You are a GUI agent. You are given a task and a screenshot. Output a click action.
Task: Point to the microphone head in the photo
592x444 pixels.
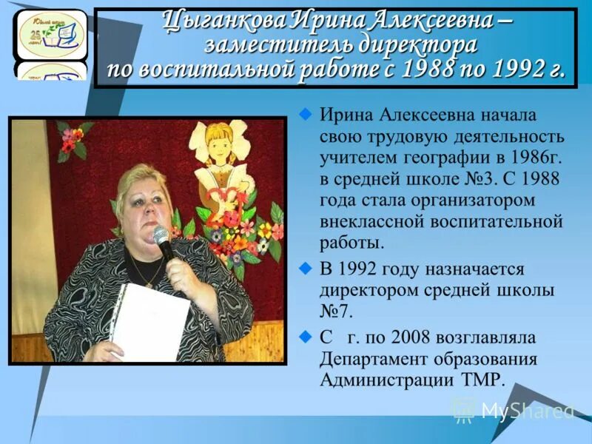pyautogui.click(x=161, y=236)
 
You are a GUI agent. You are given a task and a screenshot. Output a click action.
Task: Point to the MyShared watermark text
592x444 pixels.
pyautogui.click(x=527, y=411)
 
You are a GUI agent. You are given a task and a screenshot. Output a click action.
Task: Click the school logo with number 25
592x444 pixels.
pyautogui.click(x=51, y=33)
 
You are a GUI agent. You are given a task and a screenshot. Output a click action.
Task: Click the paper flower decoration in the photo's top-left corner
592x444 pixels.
pyautogui.click(x=73, y=138)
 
